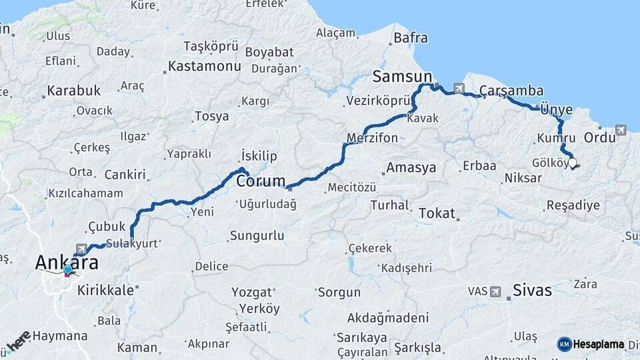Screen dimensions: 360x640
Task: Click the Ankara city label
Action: [67, 262]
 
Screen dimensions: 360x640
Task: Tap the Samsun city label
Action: [402, 77]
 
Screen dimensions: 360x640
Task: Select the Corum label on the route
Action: [261, 181]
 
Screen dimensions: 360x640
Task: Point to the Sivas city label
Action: [532, 290]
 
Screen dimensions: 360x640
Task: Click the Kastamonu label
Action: [204, 67]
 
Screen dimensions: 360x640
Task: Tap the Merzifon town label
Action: [372, 138]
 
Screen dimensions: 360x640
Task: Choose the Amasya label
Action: [411, 167]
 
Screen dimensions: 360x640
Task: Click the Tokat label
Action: [436, 214]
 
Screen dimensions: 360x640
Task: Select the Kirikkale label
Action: [105, 290]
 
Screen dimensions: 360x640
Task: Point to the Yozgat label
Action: [251, 292]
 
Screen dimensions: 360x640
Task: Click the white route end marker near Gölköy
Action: [572, 162]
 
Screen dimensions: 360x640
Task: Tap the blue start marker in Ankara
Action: [67, 269]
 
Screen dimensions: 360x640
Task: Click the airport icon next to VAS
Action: [495, 291]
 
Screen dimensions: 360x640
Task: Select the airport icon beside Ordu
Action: [621, 130]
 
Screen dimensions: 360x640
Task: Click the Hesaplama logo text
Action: [600, 345]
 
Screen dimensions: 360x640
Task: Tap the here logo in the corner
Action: [18, 341]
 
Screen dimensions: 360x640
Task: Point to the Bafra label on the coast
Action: [411, 38]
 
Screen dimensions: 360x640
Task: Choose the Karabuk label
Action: [73, 90]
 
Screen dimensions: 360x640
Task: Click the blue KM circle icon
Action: [565, 344]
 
